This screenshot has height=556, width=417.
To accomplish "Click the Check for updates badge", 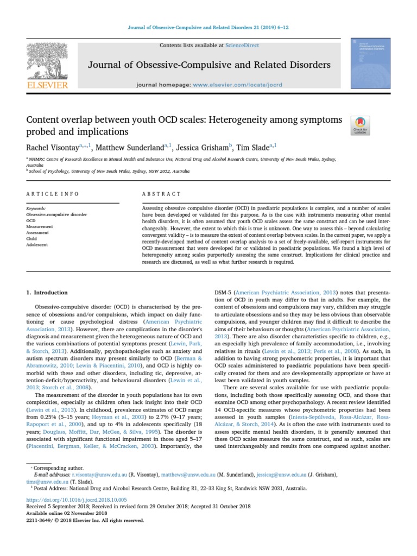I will pos(361,125).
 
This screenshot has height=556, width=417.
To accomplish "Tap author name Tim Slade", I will pos(254,147).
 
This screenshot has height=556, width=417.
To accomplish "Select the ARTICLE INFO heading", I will pos(53,194).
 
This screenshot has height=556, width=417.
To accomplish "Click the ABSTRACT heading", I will pos(161,194).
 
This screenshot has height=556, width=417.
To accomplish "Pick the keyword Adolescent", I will pos(37,245).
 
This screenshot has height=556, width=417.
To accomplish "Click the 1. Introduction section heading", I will pos(47,293).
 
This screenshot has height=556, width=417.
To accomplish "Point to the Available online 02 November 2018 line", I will pos(67,513).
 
